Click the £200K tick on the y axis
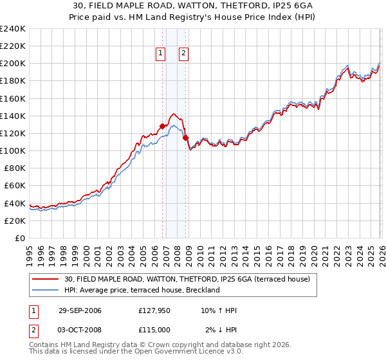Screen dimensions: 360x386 point(13,64)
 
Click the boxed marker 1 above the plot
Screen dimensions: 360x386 point(160,53)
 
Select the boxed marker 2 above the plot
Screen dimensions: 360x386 point(183,53)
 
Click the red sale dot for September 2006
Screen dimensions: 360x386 point(162,126)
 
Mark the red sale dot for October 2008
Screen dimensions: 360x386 point(185,138)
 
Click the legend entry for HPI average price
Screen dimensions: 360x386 point(142,290)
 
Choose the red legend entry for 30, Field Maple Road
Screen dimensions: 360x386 point(187,278)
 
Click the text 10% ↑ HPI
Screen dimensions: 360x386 point(218,310)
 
